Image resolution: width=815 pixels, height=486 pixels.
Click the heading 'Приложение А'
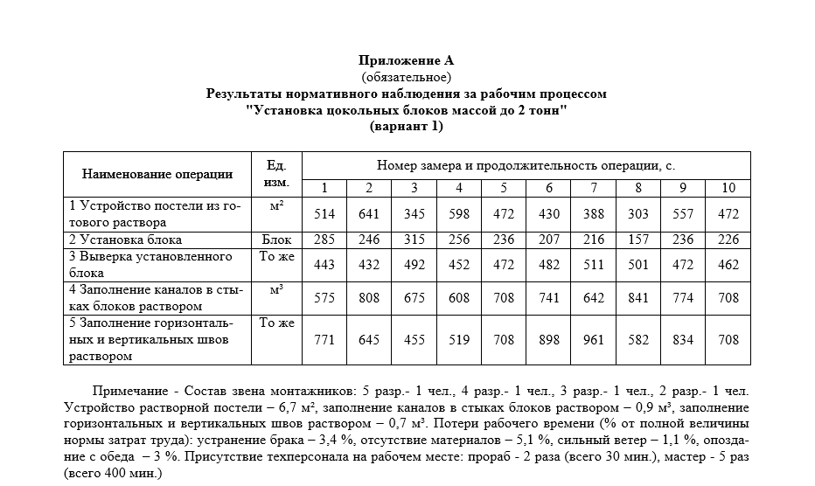[407, 60]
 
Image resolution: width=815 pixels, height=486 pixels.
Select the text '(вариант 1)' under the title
[407, 126]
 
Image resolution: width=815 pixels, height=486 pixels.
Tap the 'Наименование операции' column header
[157, 174]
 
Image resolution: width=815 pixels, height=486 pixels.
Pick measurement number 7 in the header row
[594, 188]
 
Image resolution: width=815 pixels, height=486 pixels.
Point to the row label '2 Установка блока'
[126, 240]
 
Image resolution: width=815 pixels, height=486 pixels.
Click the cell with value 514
[324, 214]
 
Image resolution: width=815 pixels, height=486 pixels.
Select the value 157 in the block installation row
[638, 240]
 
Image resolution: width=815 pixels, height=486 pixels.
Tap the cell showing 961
[594, 340]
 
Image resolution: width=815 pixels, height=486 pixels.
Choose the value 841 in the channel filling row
[638, 298]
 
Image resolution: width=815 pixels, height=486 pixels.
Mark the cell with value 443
[324, 265]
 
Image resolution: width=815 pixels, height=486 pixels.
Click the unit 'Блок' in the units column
[276, 240]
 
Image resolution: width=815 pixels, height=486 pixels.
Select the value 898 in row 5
[549, 340]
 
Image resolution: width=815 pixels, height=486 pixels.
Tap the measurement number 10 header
[728, 188]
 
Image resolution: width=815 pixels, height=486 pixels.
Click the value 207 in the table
[549, 240]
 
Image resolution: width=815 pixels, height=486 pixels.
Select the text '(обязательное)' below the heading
[407, 77]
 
